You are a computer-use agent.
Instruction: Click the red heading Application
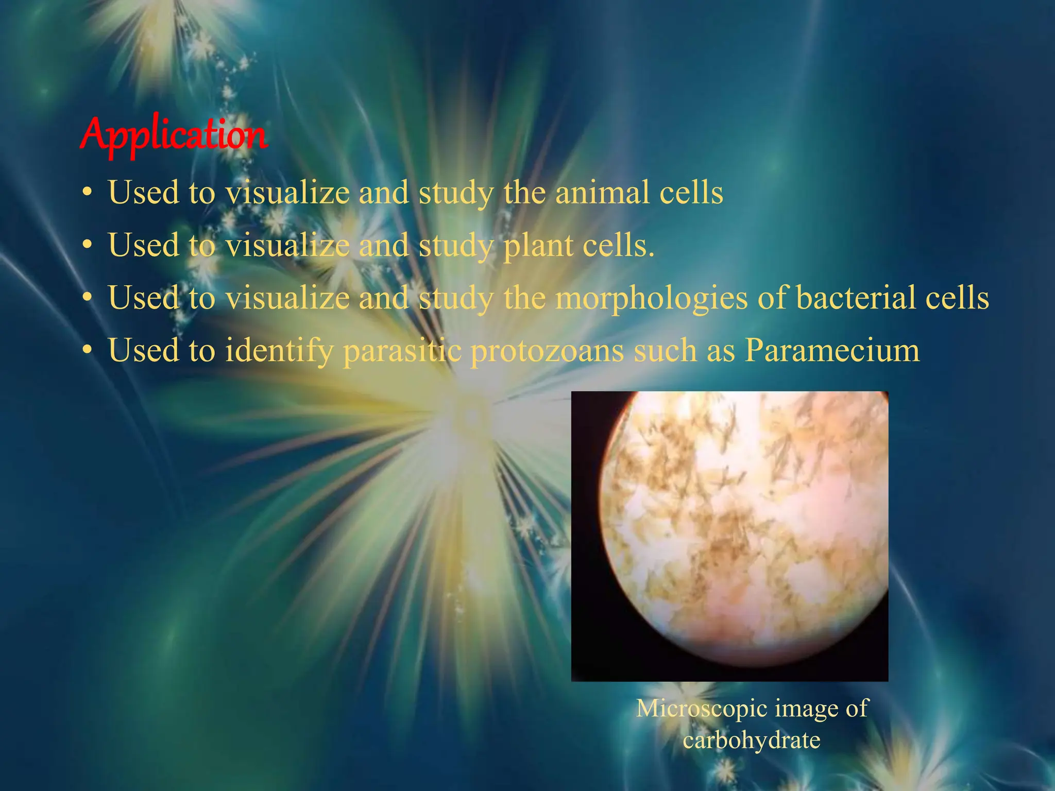click(174, 135)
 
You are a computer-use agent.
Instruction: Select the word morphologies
click(651, 298)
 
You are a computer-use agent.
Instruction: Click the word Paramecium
click(832, 351)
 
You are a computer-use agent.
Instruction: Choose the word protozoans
click(547, 351)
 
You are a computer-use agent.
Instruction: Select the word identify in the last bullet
click(279, 351)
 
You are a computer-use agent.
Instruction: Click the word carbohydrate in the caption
click(752, 740)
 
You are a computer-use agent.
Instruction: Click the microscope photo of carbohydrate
click(729, 536)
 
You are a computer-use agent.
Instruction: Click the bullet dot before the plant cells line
click(88, 246)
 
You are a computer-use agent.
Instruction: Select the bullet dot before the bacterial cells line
click(88, 299)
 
